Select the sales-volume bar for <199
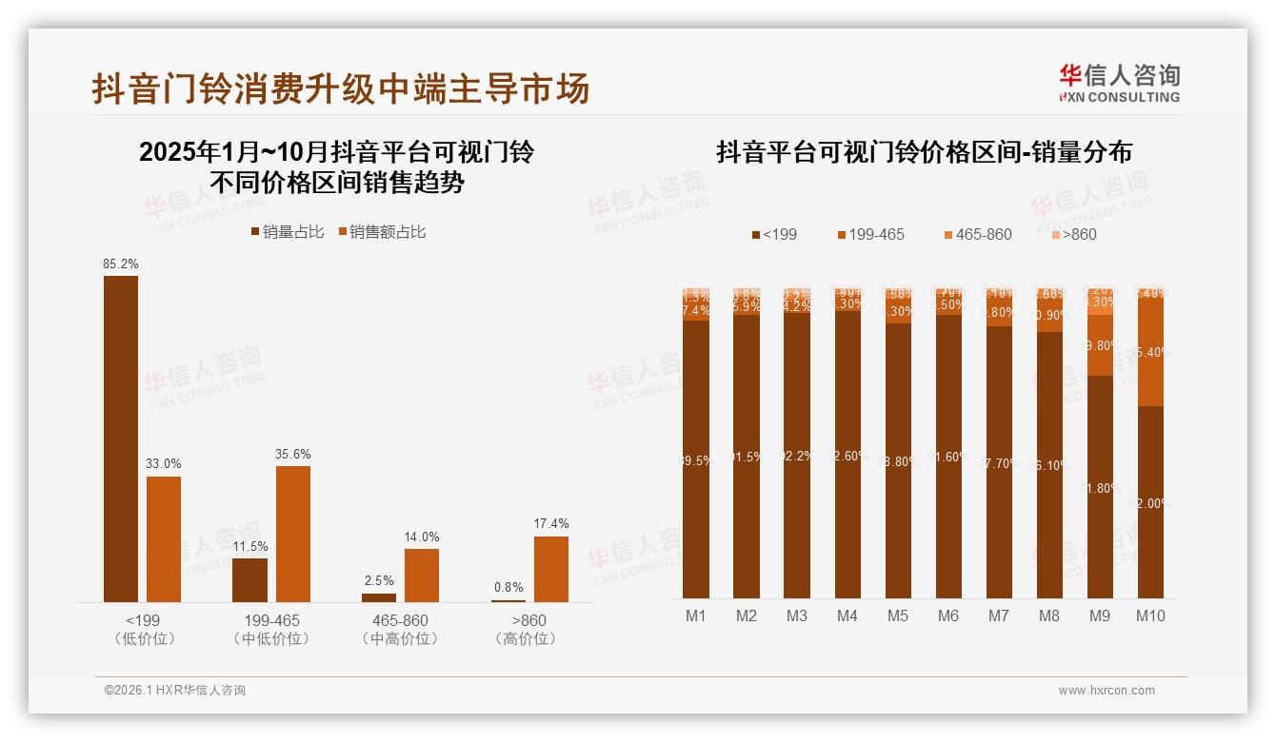point(121,438)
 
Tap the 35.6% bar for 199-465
point(293,533)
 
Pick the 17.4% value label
point(551,524)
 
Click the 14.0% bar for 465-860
point(422,575)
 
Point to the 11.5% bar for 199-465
point(249,579)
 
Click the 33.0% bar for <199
point(164,538)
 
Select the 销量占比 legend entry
point(287,231)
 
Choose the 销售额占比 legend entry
point(382,231)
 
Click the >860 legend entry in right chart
point(1073,234)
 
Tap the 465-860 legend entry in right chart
point(977,234)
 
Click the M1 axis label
point(696,615)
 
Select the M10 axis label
point(1150,615)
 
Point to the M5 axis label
point(898,615)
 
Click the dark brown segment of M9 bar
point(1100,485)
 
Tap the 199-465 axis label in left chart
point(271,620)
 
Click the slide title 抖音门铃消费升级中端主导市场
point(341,88)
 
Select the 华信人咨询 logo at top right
point(1119,83)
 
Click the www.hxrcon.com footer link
point(1107,691)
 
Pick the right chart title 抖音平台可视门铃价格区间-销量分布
point(924,152)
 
